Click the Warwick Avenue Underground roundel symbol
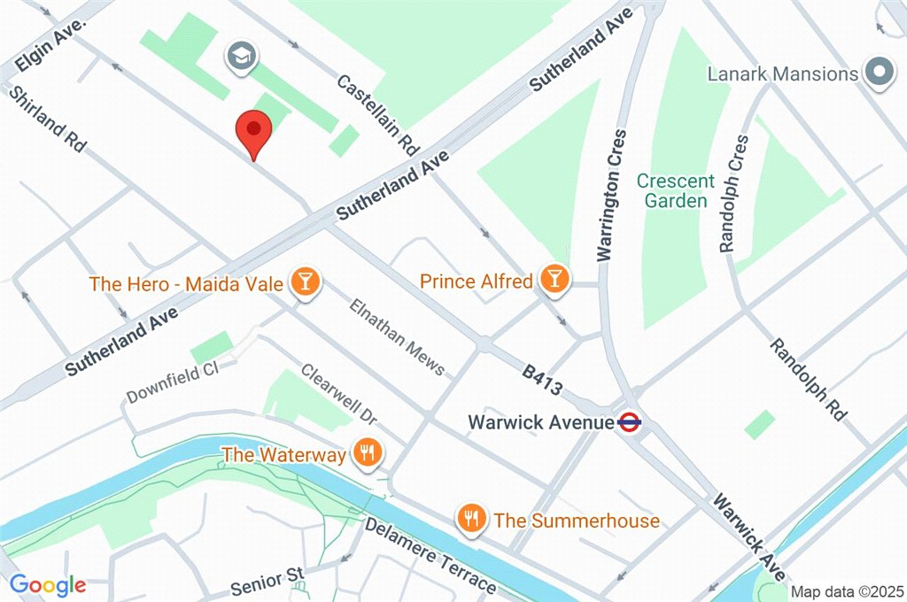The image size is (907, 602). click(x=630, y=422)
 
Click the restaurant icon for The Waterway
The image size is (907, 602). click(x=365, y=454)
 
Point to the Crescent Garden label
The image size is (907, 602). click(x=676, y=190)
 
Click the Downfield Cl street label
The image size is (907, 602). click(x=172, y=383)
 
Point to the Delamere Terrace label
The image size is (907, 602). click(x=431, y=556)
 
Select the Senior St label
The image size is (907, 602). click(x=267, y=582)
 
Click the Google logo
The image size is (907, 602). click(x=48, y=584)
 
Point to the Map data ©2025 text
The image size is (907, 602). click(x=845, y=591)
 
